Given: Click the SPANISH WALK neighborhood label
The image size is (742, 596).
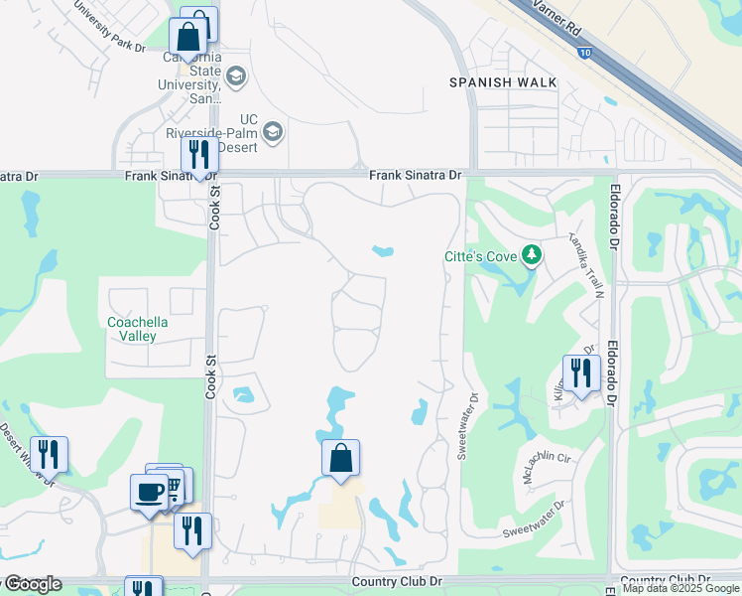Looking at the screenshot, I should click(503, 82).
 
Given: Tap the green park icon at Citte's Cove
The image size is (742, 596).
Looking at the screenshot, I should click(532, 255).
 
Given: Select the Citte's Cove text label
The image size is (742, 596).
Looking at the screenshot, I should click(480, 258).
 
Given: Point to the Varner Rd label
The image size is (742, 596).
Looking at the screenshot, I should click(557, 19).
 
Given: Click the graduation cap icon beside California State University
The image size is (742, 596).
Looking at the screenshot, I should click(236, 75).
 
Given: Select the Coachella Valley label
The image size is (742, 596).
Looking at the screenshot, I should click(138, 329).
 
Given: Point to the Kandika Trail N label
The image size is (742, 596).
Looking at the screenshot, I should click(586, 265).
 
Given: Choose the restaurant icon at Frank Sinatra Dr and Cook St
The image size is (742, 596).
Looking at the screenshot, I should click(199, 155).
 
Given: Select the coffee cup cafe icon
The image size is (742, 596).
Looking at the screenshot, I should click(150, 492).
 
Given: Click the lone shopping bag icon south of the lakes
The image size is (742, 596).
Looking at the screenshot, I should click(340, 458).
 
